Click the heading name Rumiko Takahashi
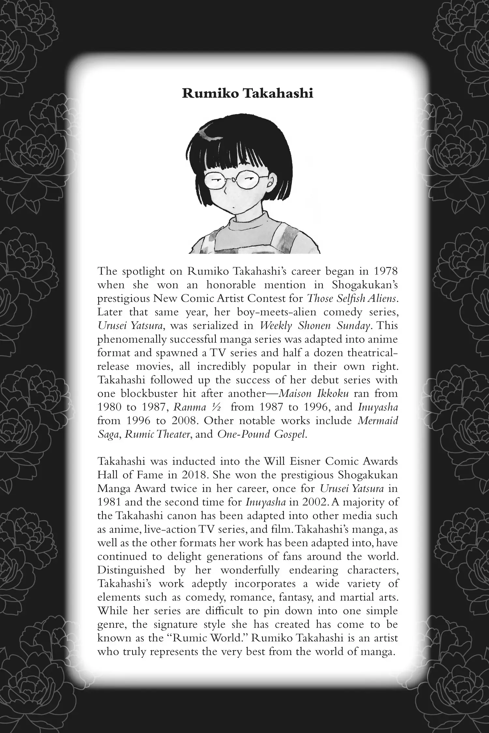(x=247, y=94)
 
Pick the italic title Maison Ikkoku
(x=314, y=394)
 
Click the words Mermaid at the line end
(x=378, y=421)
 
